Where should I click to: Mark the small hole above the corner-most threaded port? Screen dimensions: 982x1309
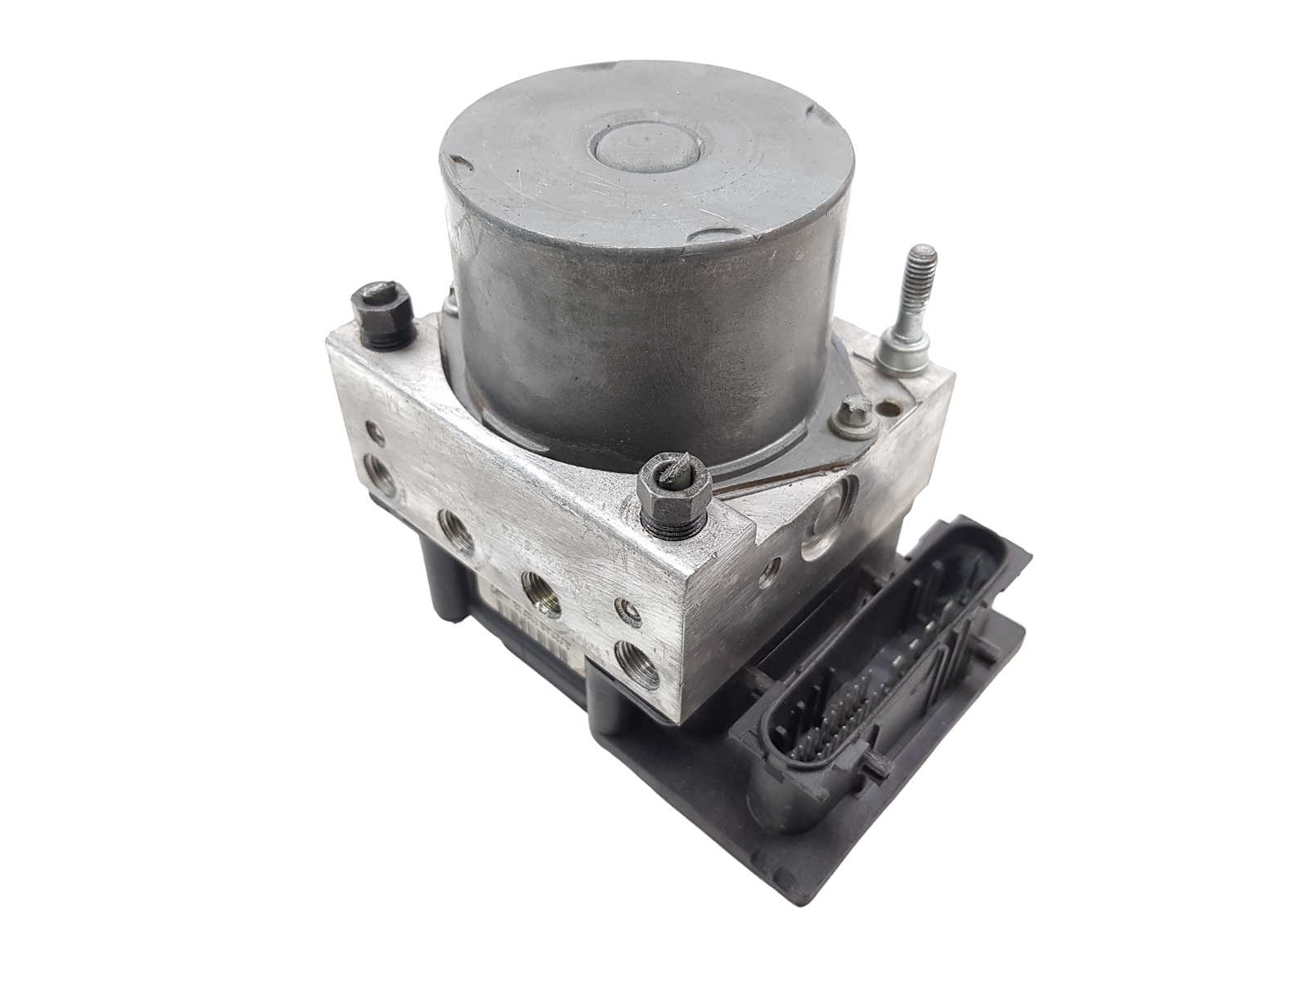click(x=628, y=608)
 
